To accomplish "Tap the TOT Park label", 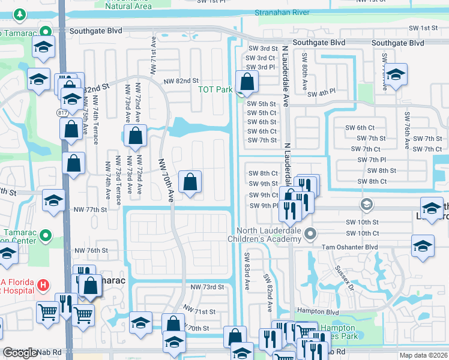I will [x=215, y=90].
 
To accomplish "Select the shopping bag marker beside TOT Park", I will [x=247, y=83].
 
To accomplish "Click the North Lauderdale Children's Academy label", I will [x=268, y=235].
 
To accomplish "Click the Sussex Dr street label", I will [x=345, y=276].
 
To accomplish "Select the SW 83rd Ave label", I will [x=246, y=270].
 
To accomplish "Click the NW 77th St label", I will [x=89, y=210].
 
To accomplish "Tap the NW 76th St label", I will [x=91, y=250].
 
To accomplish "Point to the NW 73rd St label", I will [x=207, y=287].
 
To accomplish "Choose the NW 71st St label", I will [x=199, y=312].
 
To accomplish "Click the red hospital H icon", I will [x=43, y=284].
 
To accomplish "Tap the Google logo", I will [x=20, y=353].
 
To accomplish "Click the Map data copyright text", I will [x=423, y=355].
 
